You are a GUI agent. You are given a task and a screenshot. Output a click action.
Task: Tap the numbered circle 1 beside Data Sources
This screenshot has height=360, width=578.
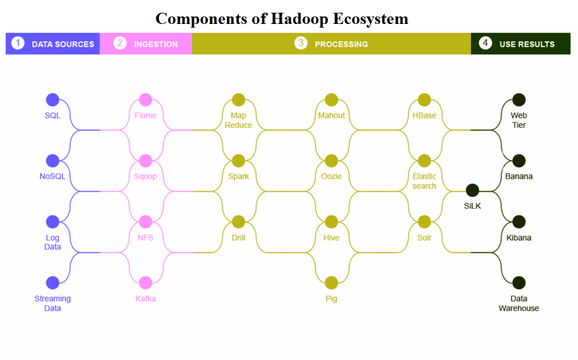(18, 43)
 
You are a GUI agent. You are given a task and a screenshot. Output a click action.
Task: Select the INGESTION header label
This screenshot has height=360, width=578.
(156, 44)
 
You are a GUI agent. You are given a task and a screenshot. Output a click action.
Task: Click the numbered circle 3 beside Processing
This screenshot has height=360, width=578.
(301, 43)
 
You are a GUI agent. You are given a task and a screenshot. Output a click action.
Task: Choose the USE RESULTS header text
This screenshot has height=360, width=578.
(526, 44)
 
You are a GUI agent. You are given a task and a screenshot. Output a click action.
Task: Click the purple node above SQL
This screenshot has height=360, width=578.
(53, 100)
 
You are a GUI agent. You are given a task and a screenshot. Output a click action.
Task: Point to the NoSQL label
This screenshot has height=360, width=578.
(53, 177)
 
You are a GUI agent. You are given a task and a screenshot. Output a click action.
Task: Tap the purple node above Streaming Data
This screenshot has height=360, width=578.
(53, 283)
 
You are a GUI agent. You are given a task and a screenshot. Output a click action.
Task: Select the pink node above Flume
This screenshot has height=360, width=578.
(145, 100)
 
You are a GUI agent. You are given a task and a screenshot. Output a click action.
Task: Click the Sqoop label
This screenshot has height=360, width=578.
(145, 177)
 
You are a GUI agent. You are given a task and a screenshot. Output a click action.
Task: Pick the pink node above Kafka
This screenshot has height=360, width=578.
(145, 283)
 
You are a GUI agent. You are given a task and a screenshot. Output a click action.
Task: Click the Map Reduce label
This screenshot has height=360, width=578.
(238, 120)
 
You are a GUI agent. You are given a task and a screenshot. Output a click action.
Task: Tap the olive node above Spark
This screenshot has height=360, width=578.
(238, 161)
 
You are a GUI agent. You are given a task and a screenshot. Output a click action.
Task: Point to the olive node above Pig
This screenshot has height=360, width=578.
(331, 283)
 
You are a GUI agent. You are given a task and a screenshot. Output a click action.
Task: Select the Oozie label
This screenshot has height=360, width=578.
(331, 177)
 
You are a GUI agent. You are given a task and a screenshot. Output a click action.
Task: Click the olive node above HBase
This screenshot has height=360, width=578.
(424, 100)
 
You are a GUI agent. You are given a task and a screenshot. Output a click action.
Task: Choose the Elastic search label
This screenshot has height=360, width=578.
(424, 181)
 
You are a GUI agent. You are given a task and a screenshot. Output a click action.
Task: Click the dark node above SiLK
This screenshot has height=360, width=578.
(472, 190)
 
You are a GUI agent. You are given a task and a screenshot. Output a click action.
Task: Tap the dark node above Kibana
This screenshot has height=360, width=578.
(519, 222)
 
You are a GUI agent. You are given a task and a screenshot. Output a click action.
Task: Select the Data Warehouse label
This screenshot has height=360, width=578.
(519, 304)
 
